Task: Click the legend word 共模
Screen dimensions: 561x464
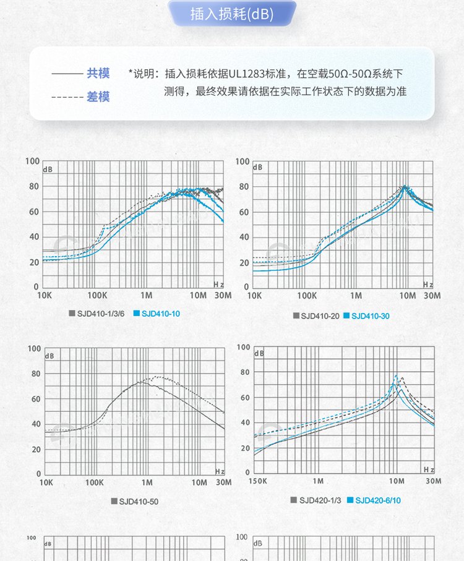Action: (98, 74)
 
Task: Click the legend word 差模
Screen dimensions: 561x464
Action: (98, 96)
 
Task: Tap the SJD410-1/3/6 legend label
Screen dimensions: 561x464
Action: (101, 314)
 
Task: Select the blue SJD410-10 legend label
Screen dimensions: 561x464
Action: (161, 314)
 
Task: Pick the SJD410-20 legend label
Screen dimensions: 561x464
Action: (320, 316)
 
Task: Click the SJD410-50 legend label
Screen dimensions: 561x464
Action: (139, 502)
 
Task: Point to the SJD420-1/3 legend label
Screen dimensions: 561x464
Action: (320, 500)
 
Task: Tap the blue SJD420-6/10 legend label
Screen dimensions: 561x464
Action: (377, 500)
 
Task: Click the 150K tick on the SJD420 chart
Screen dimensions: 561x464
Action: (257, 481)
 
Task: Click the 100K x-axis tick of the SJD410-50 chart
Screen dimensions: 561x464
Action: (94, 482)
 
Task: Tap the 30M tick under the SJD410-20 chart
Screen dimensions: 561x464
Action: (433, 296)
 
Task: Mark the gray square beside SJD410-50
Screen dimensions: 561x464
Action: (114, 502)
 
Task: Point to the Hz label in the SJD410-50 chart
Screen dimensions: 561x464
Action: (220, 471)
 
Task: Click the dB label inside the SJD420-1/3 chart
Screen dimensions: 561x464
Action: (259, 354)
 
